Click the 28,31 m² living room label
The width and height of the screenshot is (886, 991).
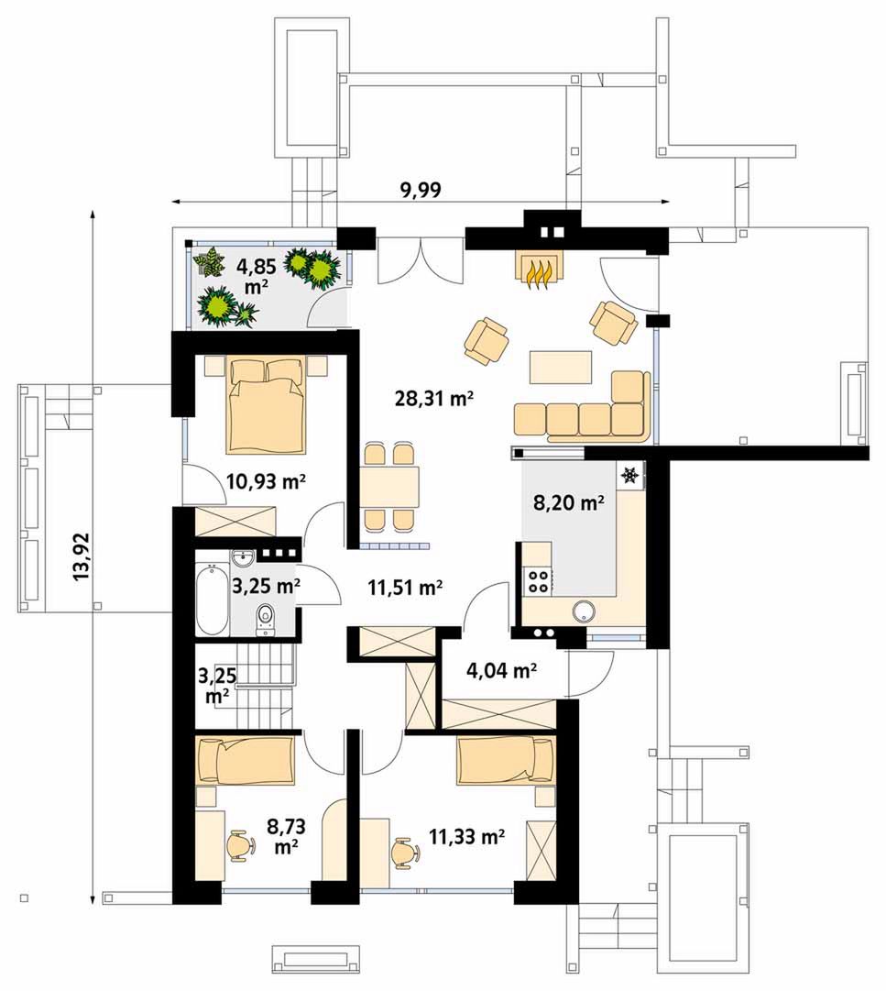point(434,399)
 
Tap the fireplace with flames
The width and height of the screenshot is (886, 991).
point(538,270)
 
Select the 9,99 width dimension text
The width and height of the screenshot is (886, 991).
point(421,190)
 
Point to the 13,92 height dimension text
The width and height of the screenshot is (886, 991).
point(82,556)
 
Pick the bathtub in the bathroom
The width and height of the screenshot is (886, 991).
point(212,600)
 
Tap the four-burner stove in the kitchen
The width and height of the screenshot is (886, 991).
point(538,581)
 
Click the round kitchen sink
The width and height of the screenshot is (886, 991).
point(585,611)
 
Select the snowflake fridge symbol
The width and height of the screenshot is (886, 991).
point(629,475)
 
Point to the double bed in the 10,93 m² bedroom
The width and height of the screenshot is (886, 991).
point(266,405)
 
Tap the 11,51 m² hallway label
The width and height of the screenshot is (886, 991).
point(405,588)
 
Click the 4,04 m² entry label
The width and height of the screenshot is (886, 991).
point(501,671)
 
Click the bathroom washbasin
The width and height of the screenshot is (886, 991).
point(242,558)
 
